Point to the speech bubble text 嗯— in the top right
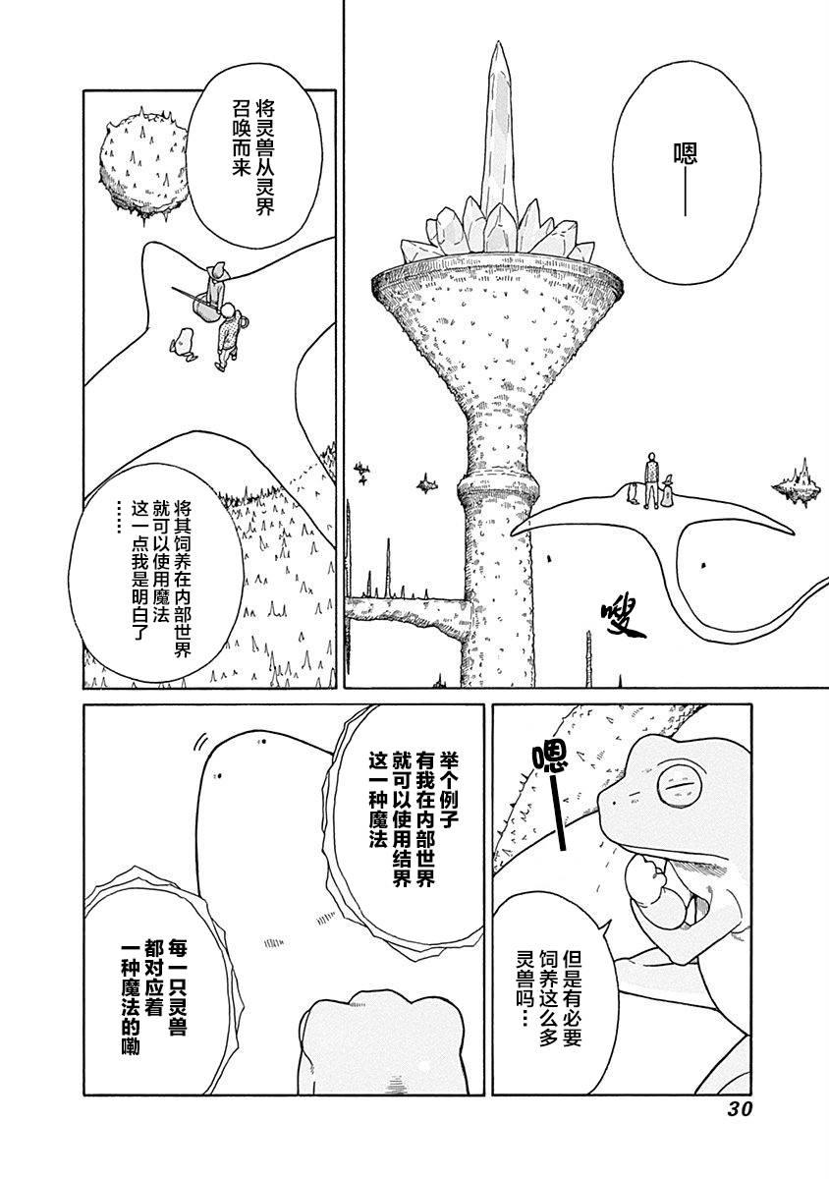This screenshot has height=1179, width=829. click(686, 179)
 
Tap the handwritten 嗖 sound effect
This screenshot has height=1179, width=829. click(625, 620)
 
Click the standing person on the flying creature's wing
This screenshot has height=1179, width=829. click(652, 480)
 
